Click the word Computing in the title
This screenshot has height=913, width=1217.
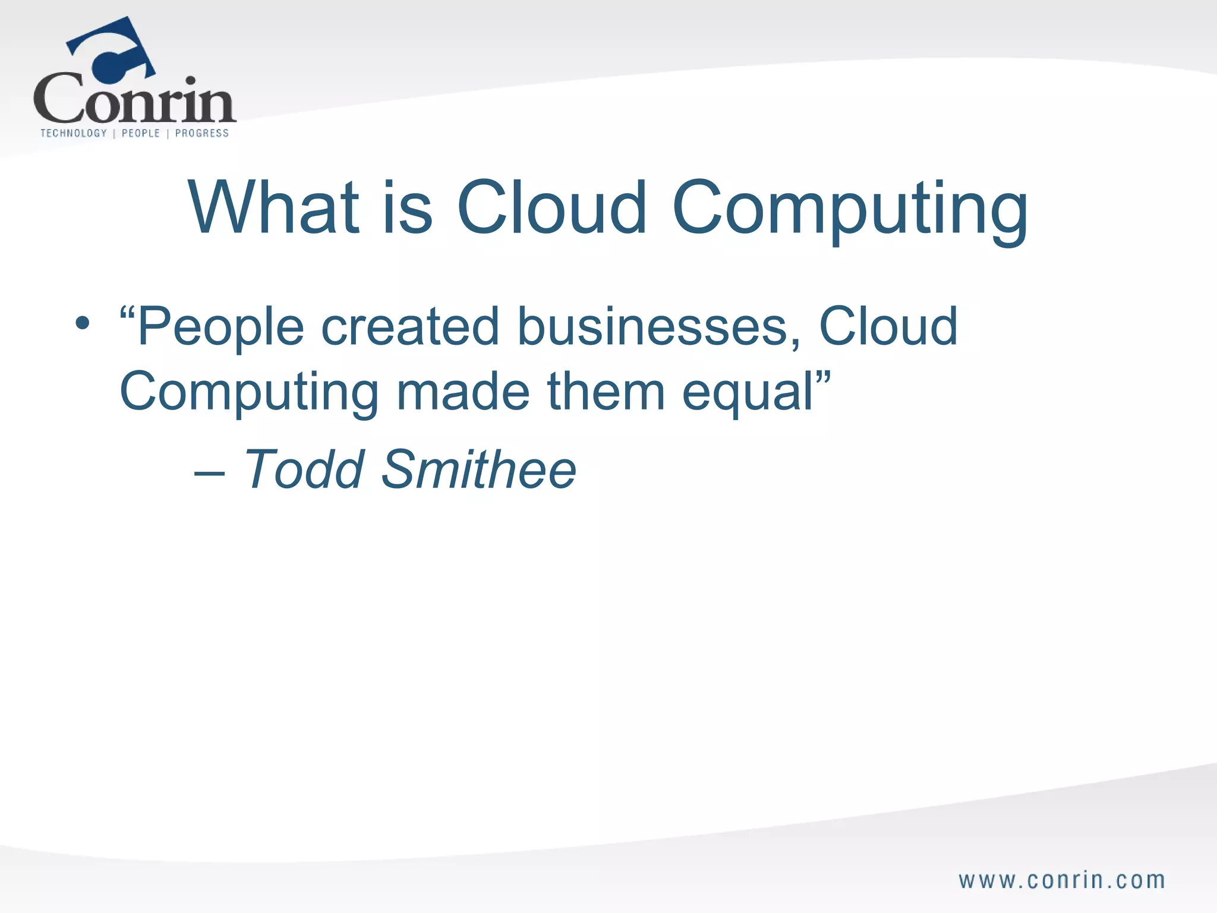(850, 211)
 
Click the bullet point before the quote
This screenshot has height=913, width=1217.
(83, 324)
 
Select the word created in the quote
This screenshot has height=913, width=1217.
(410, 327)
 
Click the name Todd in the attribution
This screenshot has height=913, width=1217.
(304, 470)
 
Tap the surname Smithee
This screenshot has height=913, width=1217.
(478, 470)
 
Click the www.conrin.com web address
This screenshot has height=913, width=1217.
(1061, 880)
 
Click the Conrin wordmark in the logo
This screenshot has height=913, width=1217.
(134, 101)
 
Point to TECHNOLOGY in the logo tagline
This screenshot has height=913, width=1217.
(74, 133)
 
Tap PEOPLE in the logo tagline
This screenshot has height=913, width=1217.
(141, 133)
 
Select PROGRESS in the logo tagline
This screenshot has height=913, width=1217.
(202, 133)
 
